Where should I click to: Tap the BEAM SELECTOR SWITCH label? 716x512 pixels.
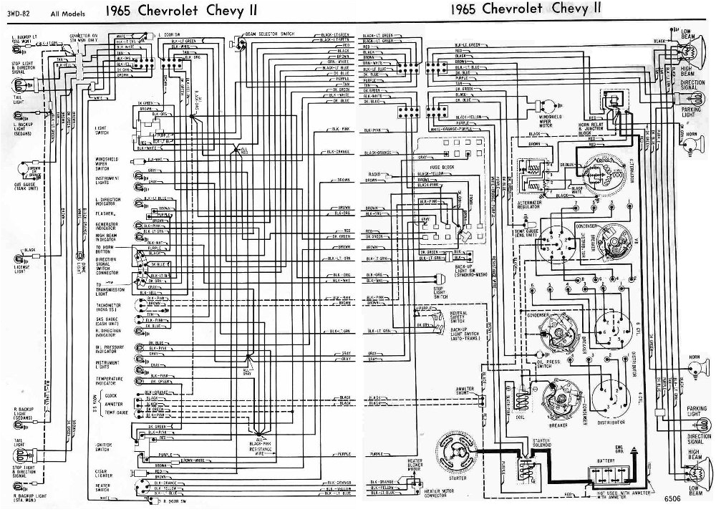pyautogui.click(x=269, y=34)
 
